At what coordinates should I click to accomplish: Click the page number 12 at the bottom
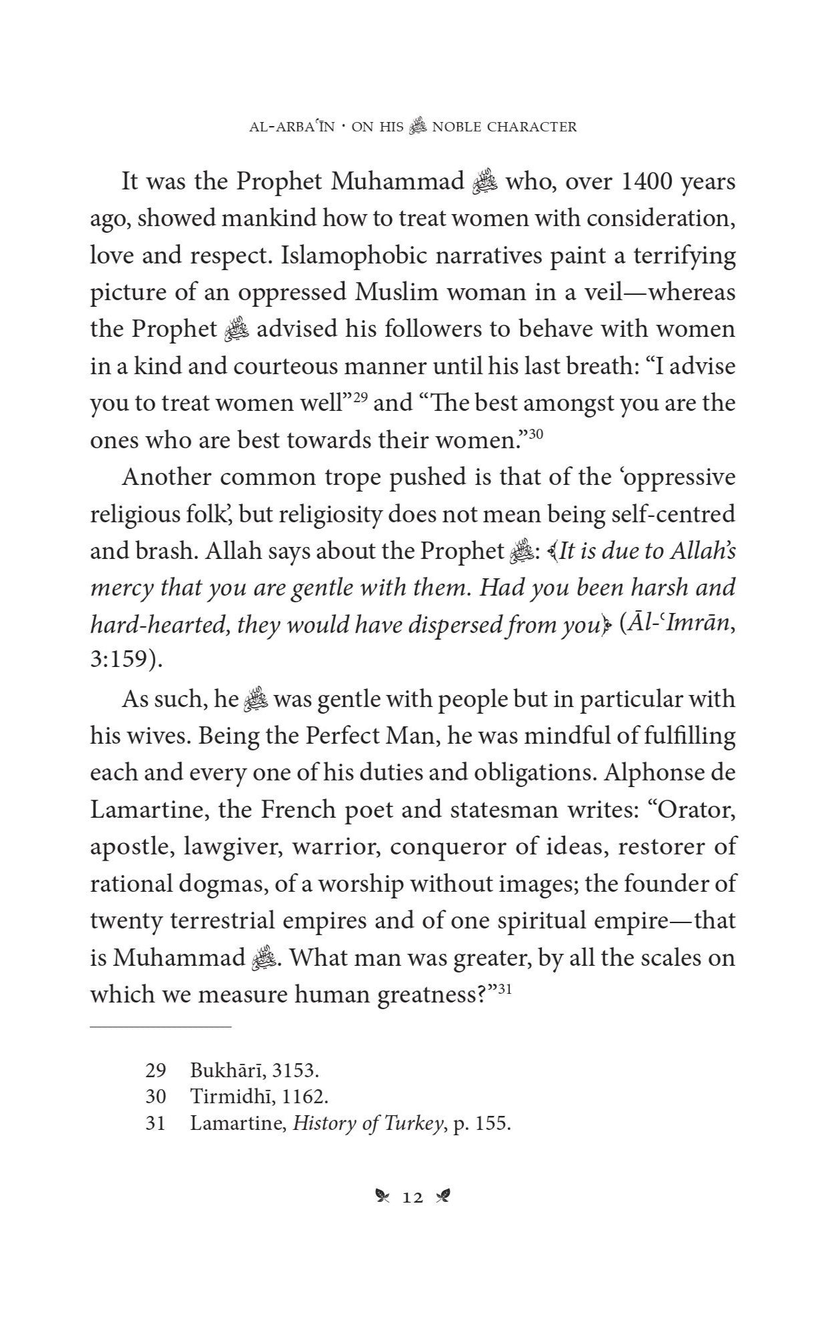[413, 1198]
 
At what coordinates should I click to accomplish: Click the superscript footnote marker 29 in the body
[361, 398]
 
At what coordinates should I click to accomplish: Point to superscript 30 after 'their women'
[537, 434]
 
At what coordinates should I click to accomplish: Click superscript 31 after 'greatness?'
[504, 988]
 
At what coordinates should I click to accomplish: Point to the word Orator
[697, 810]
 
